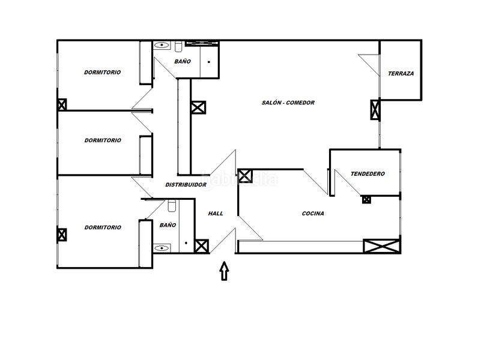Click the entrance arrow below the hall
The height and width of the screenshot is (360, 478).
click(x=225, y=271)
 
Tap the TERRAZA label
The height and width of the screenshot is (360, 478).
click(x=401, y=73)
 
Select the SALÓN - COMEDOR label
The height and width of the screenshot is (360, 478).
click(x=288, y=103)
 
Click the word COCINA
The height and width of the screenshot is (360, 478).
click(x=313, y=214)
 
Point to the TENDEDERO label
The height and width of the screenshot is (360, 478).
click(x=368, y=174)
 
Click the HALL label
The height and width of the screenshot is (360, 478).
click(x=216, y=214)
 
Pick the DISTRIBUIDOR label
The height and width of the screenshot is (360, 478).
click(x=186, y=185)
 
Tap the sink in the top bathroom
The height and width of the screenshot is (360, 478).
click(x=162, y=46)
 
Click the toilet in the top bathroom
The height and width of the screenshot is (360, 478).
click(x=178, y=46)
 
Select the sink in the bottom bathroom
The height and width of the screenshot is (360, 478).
click(x=162, y=248)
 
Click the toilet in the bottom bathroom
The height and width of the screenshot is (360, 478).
click(x=172, y=206)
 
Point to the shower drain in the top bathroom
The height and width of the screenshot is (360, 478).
click(x=209, y=62)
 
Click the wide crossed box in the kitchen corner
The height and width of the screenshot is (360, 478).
click(x=382, y=246)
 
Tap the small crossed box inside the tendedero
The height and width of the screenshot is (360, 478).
click(x=366, y=200)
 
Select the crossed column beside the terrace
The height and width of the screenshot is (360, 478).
click(x=375, y=110)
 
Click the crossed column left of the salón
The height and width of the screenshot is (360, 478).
click(x=198, y=107)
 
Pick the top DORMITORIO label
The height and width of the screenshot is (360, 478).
click(x=103, y=73)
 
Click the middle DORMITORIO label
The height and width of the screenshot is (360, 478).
click(x=103, y=140)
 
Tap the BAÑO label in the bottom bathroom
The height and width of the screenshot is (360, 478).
click(x=168, y=225)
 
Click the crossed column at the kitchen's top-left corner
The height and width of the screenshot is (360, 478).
click(x=245, y=176)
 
